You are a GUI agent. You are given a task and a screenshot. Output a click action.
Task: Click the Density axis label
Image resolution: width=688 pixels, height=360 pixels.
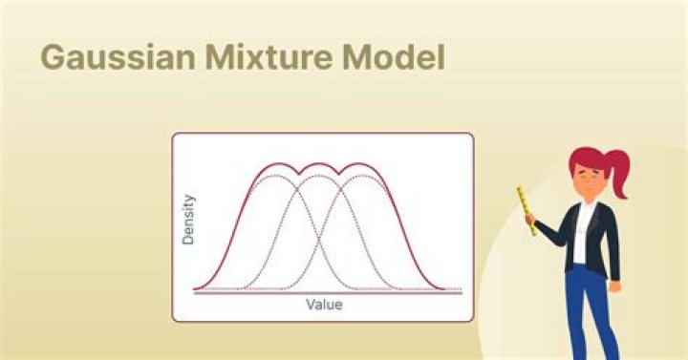pyautogui.click(x=189, y=220)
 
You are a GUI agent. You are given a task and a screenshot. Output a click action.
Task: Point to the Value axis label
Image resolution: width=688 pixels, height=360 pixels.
pyautogui.click(x=324, y=306)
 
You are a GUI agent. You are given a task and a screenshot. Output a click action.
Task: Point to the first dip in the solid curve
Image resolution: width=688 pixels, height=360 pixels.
pyautogui.click(x=302, y=174)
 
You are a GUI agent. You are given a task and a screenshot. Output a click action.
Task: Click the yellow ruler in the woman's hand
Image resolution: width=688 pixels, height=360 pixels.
pyautogui.click(x=525, y=207)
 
